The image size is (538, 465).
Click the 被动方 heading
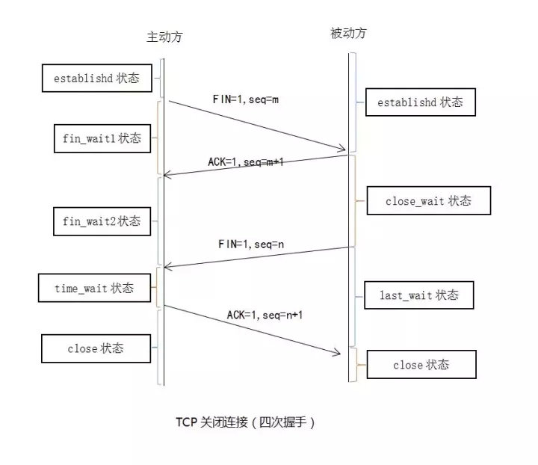tap(348, 34)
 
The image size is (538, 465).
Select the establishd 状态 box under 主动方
tap(96, 78)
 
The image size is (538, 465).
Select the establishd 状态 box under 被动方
tap(420, 102)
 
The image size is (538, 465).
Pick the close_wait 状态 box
tap(428, 201)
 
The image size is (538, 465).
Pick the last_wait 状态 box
tap(419, 295)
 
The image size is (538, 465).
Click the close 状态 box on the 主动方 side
tap(96, 348)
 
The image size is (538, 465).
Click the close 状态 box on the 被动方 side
tap(422, 365)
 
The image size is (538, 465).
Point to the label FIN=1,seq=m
tap(246, 99)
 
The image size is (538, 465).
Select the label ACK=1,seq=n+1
tap(265, 315)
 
